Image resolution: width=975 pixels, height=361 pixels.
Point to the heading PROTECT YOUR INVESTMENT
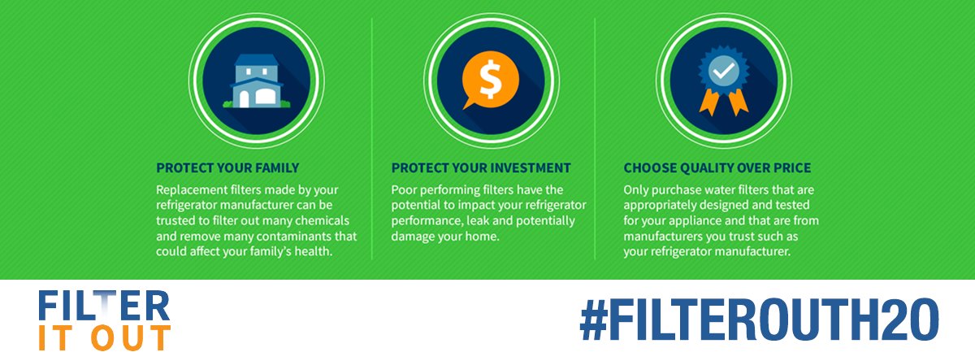point(481,168)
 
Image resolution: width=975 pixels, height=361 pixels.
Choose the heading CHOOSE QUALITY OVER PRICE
point(717,168)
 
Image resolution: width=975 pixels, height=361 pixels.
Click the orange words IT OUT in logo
point(104,337)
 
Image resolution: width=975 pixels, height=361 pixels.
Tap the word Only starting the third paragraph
point(638,189)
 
